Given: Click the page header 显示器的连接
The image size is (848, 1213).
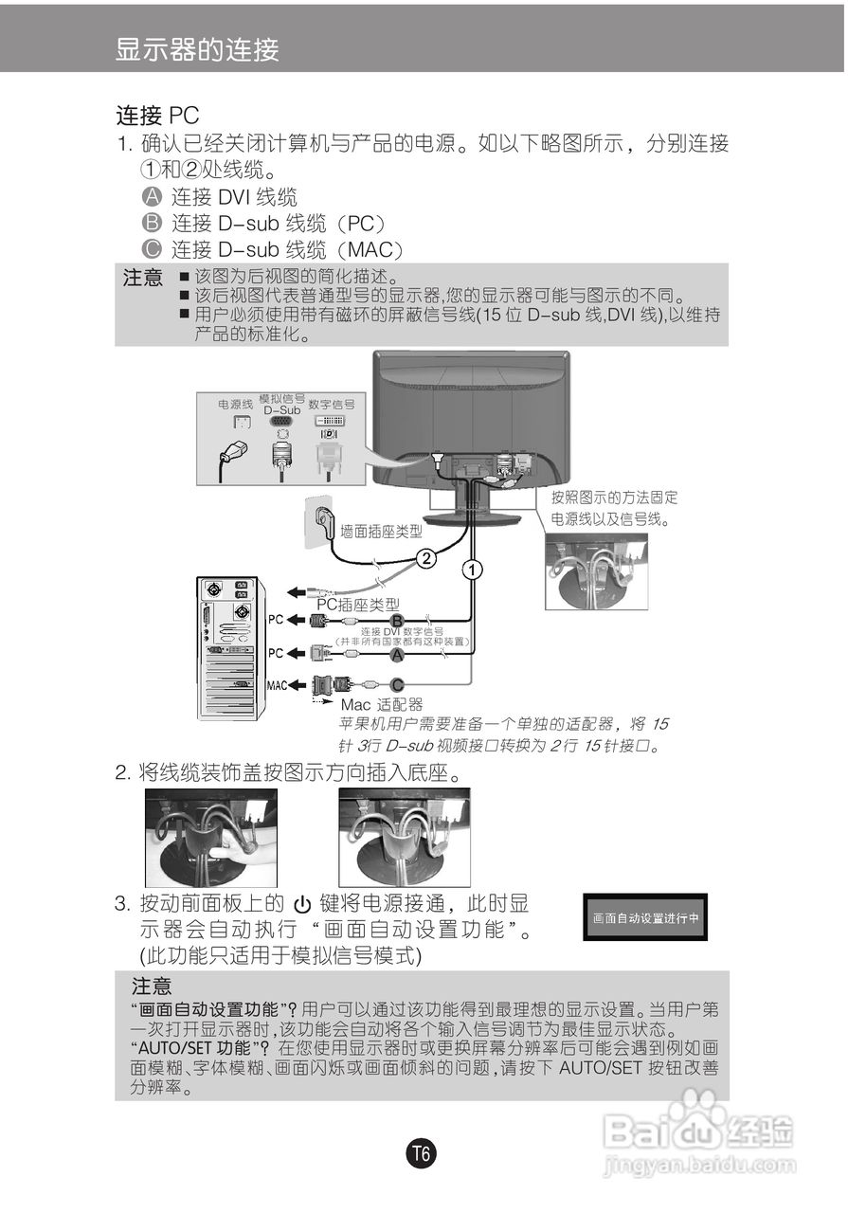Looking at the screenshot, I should [x=197, y=49].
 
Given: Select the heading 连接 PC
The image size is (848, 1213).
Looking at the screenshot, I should [x=157, y=116].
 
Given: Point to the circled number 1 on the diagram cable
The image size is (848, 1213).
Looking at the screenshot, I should [x=472, y=570].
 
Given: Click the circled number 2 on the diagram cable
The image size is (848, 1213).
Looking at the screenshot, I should [x=427, y=558].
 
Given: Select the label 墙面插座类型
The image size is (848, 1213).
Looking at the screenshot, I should [x=381, y=533].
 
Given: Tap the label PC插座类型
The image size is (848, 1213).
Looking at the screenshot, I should [x=357, y=604].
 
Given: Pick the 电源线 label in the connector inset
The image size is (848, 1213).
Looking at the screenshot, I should [x=235, y=404].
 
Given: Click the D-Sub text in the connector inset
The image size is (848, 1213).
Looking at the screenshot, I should [x=281, y=410].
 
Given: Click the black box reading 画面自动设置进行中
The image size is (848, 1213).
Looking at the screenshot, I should [x=644, y=917].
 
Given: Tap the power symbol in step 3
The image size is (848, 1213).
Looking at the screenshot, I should [x=302, y=904].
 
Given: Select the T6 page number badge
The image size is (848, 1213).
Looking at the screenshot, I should [x=422, y=1154].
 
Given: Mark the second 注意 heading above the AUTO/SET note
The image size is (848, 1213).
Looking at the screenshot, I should [x=152, y=987].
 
